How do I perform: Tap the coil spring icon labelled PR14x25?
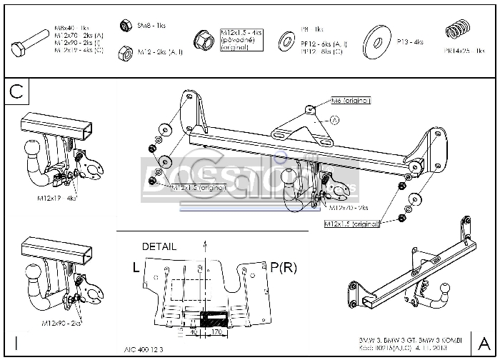point(456,32)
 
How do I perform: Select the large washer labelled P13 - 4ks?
point(375,40)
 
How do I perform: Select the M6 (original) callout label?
point(350,101)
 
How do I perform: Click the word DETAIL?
point(159,246)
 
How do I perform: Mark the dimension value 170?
point(214,331)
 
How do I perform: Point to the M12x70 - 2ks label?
point(349,208)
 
